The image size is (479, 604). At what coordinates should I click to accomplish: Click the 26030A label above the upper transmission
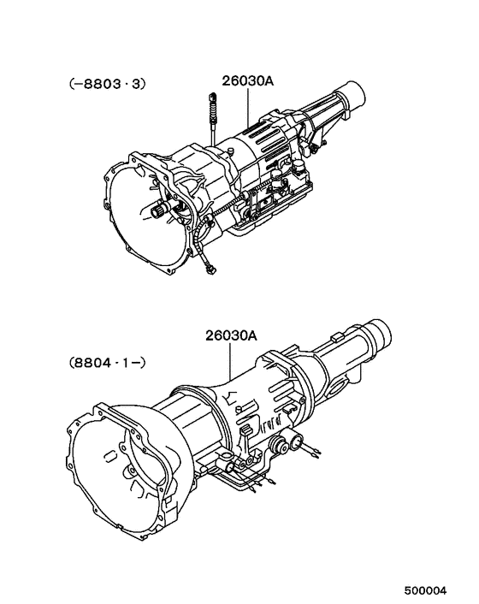[249, 82]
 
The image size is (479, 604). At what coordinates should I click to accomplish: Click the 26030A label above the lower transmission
[230, 336]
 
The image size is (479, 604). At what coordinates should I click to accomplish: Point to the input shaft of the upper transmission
[160, 211]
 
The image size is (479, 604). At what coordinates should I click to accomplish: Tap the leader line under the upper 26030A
[249, 107]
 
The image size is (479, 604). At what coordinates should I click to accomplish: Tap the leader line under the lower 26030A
[232, 363]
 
